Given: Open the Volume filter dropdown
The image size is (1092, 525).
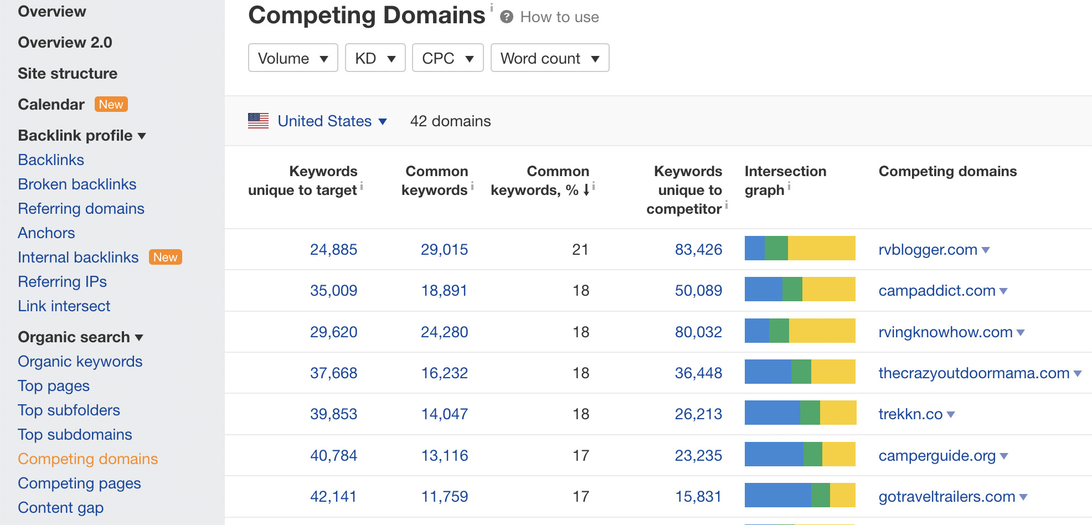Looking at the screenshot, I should (x=292, y=58).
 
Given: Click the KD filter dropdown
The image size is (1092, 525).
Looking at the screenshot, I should (x=375, y=58).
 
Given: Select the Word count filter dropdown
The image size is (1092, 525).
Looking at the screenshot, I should (x=549, y=58).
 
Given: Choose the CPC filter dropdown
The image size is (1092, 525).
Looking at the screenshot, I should (x=447, y=58).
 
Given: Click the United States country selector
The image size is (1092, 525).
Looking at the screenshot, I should (x=331, y=121).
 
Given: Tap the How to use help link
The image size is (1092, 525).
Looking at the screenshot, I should (x=559, y=17).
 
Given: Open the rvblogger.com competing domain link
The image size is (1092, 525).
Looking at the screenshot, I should (x=928, y=250).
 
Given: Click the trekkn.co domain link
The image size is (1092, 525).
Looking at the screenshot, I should (x=910, y=414).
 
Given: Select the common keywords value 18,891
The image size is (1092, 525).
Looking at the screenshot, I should (x=444, y=291).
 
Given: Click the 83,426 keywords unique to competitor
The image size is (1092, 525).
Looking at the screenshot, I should (x=698, y=250).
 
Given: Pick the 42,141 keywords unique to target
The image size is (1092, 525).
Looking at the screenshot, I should (x=333, y=497).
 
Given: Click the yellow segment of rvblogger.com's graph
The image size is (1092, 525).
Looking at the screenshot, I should (x=821, y=248).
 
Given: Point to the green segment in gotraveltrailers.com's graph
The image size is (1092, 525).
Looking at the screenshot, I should (x=820, y=495).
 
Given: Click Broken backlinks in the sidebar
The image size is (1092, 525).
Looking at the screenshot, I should (x=77, y=184).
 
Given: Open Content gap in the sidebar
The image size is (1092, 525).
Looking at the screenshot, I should (x=60, y=508).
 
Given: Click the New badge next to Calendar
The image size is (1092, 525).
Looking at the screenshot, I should (x=111, y=105).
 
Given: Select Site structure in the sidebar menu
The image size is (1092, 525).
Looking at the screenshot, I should (x=68, y=74).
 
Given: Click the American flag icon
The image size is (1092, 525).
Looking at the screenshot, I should (x=258, y=121).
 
